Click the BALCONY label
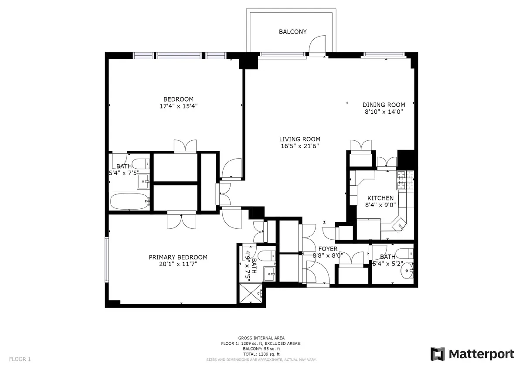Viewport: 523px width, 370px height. tap(292, 32)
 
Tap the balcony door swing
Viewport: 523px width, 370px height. tap(317, 44)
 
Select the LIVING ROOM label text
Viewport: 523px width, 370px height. tap(296, 139)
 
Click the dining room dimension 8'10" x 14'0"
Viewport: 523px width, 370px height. tap(384, 112)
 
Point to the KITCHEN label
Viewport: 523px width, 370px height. tap(380, 198)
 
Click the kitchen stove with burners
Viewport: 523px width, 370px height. tap(401, 180)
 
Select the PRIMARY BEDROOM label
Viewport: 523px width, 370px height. tap(178, 257)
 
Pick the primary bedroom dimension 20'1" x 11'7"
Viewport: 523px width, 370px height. tap(178, 264)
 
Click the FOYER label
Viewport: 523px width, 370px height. tap(328, 249)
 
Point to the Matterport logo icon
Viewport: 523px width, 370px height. tap(438, 354)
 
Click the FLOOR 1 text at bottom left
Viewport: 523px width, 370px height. tap(20, 360)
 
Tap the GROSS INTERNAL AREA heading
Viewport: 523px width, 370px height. tap(261, 338)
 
